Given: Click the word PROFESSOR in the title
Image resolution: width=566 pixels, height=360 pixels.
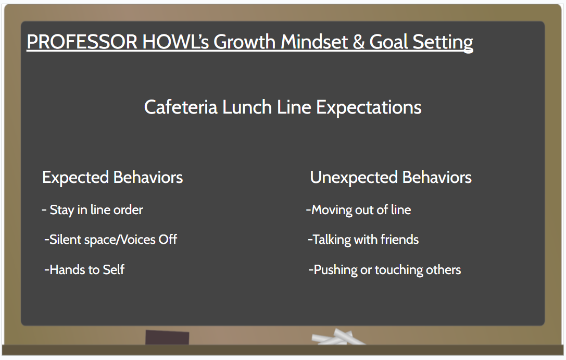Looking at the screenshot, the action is point(82,42).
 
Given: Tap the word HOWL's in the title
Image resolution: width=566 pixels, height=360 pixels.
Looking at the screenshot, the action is point(175,42).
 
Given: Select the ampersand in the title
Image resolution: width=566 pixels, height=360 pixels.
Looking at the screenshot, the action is point(358,42).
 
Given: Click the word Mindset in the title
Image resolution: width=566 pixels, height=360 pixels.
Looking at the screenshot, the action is point(314,42).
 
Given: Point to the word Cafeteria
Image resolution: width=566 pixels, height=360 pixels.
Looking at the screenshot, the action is point(181,107).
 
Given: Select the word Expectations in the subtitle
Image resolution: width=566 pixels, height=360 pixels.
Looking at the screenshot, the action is point(369,108).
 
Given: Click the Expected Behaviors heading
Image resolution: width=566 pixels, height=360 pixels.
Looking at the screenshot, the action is point(112,177).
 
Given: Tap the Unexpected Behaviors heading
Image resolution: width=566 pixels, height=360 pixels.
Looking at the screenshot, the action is point(391,177).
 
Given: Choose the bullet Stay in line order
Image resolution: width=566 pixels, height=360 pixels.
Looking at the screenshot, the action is point(92,210).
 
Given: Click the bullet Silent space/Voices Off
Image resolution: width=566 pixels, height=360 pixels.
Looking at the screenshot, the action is point(110,240).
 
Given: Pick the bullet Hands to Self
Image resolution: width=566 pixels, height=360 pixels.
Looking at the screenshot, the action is point(84,270).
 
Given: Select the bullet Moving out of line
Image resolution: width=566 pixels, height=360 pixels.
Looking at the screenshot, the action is point(358,210).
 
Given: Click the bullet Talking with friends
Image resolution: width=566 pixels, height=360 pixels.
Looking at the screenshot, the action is point(363,240).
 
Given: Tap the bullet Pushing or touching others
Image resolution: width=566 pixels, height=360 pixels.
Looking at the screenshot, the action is point(384,270).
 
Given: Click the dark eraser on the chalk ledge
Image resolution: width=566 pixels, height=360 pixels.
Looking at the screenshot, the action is point(167,337).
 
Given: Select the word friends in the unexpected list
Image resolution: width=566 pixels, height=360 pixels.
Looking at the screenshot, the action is point(399,240).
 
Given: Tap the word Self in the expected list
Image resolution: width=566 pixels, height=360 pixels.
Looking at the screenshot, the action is point(114,270).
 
